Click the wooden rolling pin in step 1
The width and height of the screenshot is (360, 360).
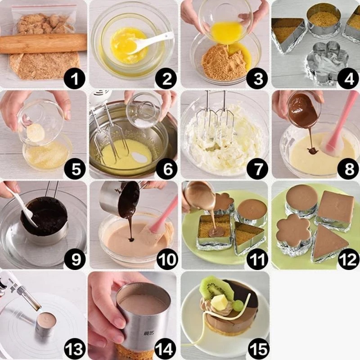44,44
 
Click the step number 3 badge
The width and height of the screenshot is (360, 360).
257,78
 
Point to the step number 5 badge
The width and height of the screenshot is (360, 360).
76,169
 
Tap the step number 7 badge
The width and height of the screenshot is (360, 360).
257,169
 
